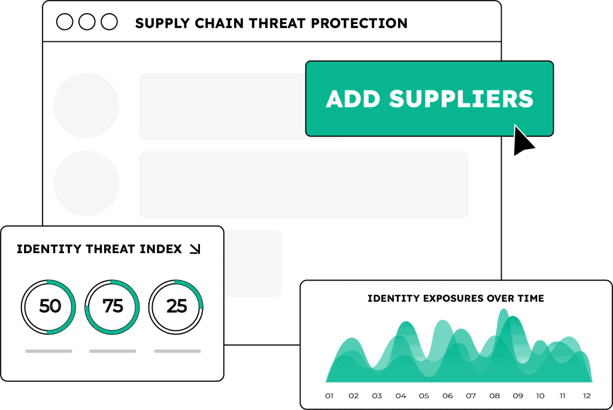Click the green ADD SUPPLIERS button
click(429, 99)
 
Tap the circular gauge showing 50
click(49, 306)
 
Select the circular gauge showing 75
click(113, 306)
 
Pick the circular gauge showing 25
click(177, 306)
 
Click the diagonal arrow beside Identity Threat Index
click(195, 249)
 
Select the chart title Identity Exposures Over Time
click(456, 298)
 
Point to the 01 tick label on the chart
click(329, 396)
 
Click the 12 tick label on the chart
click(587, 396)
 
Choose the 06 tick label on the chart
click(447, 396)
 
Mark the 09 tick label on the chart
click(517, 396)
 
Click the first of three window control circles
click(65, 22)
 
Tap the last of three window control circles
click(109, 22)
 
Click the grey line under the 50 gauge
click(49, 351)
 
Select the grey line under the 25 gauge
click(177, 351)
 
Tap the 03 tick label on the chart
click(377, 396)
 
